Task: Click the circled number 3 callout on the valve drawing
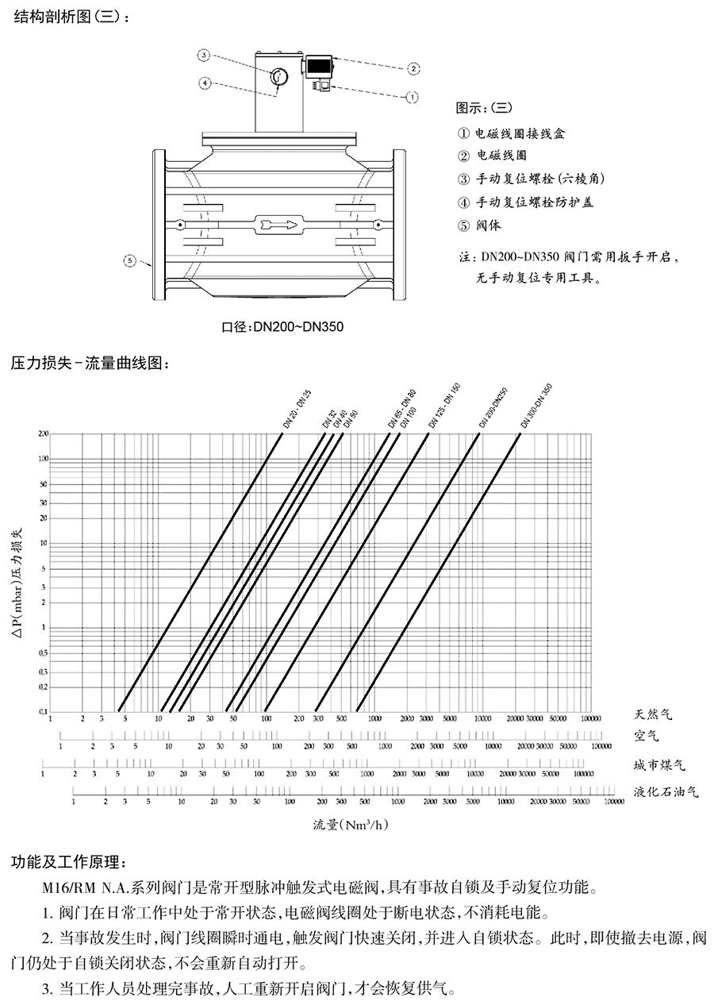click(204, 55)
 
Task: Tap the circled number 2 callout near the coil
click(413, 68)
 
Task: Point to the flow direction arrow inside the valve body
click(277, 225)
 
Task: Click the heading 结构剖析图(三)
click(70, 16)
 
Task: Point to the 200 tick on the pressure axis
click(43, 434)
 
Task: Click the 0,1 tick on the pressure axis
click(43, 711)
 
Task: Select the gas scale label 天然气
click(653, 714)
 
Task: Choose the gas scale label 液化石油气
click(666, 791)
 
